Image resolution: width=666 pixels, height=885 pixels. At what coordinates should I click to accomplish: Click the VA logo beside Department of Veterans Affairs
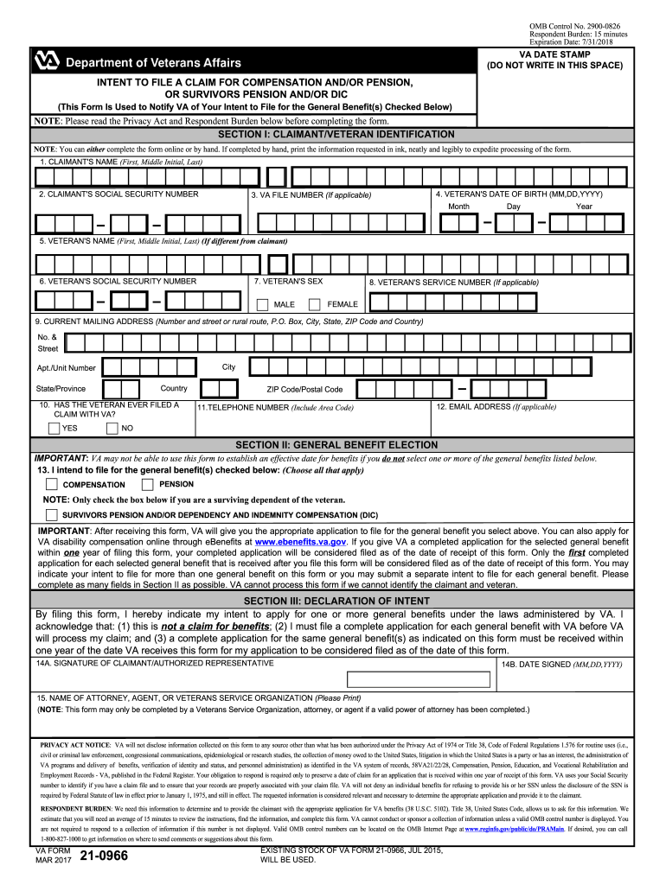(x=45, y=61)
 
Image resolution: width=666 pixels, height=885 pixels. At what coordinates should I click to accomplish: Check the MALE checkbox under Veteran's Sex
(x=262, y=304)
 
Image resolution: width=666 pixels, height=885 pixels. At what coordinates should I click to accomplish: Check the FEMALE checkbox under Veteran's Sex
(x=315, y=304)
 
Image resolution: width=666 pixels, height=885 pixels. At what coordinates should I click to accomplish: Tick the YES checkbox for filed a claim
(x=54, y=428)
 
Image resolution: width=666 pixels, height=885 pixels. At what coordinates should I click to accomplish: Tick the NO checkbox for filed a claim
(x=112, y=428)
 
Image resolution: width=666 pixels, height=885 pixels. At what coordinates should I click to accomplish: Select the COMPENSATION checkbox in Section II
(x=52, y=484)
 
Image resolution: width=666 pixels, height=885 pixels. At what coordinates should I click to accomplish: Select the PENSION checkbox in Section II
(x=148, y=484)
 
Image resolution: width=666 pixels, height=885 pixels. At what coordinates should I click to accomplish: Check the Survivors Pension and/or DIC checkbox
(x=52, y=514)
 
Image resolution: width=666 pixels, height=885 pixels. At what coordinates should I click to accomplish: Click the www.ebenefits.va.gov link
(x=299, y=542)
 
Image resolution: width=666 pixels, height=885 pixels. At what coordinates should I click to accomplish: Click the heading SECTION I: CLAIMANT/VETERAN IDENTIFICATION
(x=336, y=134)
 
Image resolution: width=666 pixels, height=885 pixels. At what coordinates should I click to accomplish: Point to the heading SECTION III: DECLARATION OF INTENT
(x=336, y=601)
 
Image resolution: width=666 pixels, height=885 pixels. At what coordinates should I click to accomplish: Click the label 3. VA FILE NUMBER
(x=311, y=195)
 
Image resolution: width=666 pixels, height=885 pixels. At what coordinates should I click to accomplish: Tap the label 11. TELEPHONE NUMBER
(x=275, y=407)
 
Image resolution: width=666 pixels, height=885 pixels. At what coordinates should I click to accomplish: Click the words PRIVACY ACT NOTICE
(x=75, y=744)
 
